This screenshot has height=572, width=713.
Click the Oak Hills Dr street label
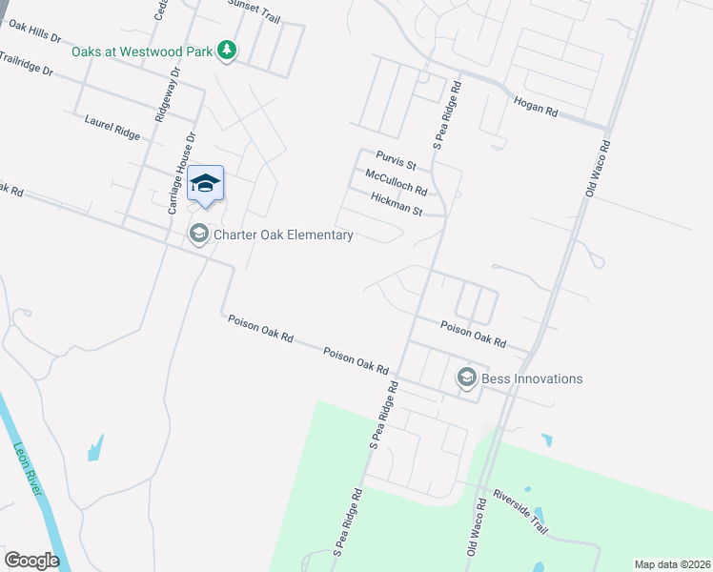(34, 31)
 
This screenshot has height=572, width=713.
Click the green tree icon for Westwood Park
(227, 50)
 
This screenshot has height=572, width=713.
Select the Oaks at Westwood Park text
(142, 51)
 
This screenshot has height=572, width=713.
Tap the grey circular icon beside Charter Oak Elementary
(199, 234)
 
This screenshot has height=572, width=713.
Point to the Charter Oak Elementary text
(284, 235)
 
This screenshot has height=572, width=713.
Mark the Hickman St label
(396, 202)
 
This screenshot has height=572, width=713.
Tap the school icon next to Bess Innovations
(466, 378)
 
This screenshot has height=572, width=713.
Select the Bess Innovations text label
(532, 378)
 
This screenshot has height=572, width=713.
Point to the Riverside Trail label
(520, 512)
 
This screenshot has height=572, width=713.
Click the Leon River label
(29, 466)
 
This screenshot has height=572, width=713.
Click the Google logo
(31, 561)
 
